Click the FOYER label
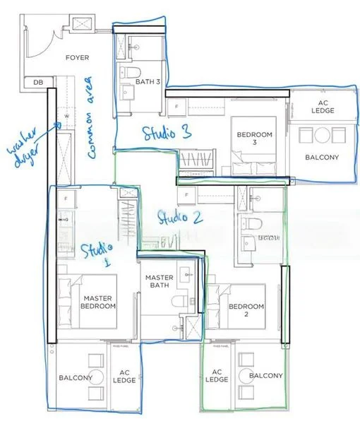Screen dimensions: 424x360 point(76,57)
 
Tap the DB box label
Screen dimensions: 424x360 point(37,83)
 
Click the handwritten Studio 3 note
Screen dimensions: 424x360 point(167,132)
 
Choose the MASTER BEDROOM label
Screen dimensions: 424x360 point(96,302)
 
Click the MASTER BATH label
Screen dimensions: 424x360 point(160,282)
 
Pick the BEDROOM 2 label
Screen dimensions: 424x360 point(246,310)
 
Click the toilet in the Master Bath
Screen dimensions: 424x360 point(179,302)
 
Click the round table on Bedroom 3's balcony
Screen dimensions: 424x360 point(322,135)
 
